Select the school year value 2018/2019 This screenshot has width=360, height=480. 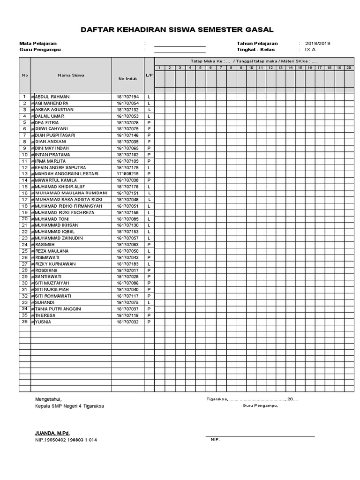[317, 43]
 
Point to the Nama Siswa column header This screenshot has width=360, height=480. [71, 75]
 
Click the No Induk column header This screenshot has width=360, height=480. [127, 78]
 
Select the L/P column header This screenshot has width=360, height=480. [149, 75]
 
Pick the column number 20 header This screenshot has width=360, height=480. [348, 68]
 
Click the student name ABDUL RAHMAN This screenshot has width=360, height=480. [52, 97]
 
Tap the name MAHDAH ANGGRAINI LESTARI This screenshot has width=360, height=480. [67, 174]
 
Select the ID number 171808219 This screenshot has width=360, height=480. [127, 174]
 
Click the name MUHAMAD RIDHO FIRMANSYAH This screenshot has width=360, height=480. [65, 206]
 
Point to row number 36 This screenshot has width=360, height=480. [24, 322]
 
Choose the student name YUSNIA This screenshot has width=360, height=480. [43, 322]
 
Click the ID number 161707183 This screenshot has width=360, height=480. [127, 264]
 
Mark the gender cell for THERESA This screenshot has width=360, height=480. [149, 315]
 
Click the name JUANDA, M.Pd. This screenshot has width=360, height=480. [52, 433]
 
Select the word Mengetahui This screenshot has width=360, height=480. [48, 399]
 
